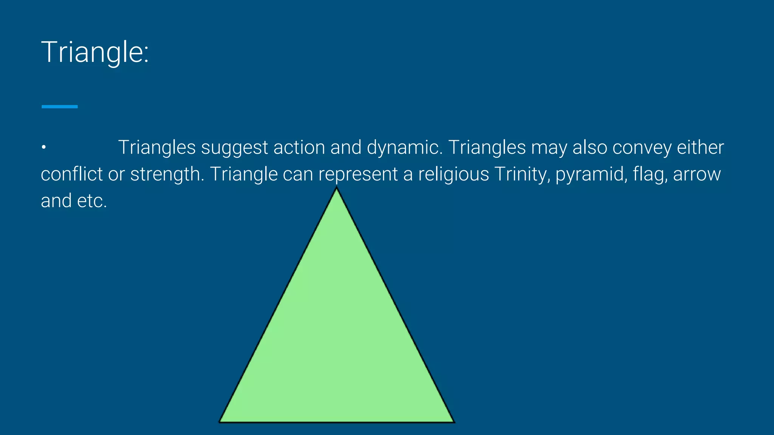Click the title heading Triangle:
click(x=95, y=52)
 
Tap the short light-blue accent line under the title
click(x=60, y=107)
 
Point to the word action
click(x=299, y=147)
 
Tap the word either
click(x=700, y=147)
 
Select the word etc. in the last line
click(x=92, y=201)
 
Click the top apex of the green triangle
click(x=337, y=189)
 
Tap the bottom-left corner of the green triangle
click(x=220, y=421)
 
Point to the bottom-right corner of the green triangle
click(x=453, y=421)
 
